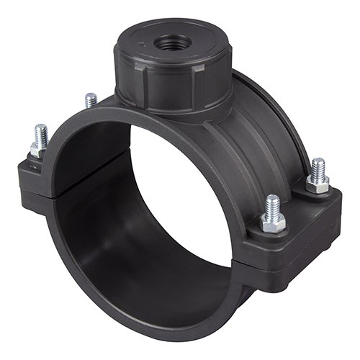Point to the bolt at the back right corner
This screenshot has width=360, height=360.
click(316, 169)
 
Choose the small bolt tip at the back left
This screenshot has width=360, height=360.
click(90, 100)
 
